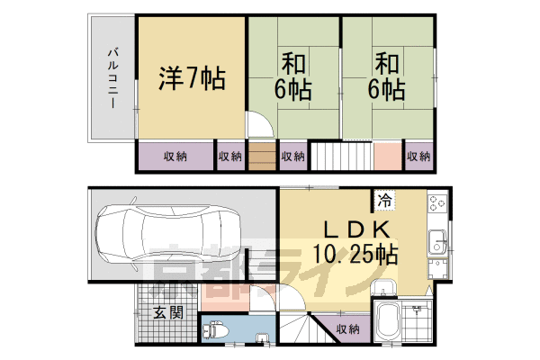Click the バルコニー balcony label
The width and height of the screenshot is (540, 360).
[113, 78]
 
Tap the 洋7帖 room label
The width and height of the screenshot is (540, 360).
[192, 78]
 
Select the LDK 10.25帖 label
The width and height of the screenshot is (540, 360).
[355, 242]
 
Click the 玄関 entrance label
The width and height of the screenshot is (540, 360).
[168, 312]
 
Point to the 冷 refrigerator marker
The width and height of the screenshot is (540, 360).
[384, 200]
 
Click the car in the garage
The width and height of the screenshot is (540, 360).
[167, 234]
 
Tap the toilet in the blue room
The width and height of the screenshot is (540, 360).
[216, 330]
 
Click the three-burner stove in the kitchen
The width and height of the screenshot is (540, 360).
[437, 202]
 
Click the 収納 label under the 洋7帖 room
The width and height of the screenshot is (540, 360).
[175, 157]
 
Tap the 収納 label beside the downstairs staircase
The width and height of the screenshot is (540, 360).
[347, 329]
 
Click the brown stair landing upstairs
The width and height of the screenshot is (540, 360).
[262, 157]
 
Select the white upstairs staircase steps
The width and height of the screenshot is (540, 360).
[342, 157]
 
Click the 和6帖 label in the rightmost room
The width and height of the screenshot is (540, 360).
[387, 76]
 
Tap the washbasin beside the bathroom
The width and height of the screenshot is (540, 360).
[384, 287]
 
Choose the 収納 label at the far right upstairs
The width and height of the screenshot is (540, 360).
[418, 157]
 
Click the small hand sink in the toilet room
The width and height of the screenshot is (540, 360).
[263, 338]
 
